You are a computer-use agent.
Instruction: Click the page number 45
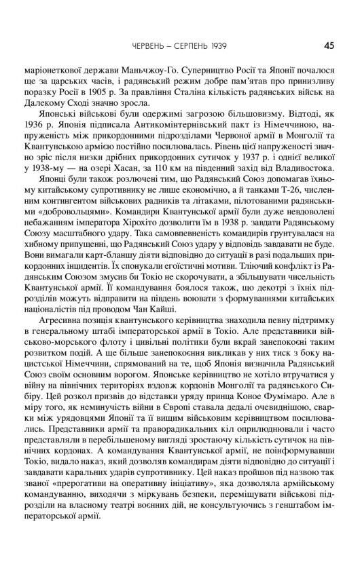pos(329,47)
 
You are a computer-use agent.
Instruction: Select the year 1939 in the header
pos(215,47)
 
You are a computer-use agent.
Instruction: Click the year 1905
pos(133,96)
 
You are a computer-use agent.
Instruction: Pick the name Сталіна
pos(214,96)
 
